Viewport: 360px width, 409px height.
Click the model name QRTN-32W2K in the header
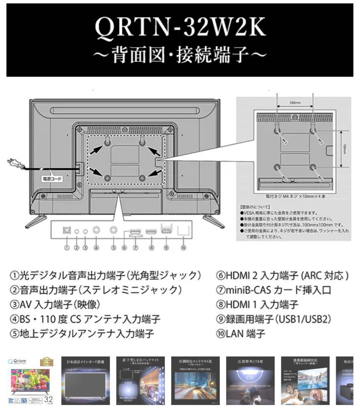click(x=180, y=29)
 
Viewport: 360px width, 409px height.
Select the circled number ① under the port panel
click(x=67, y=248)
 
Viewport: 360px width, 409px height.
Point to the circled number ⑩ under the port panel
click(x=184, y=248)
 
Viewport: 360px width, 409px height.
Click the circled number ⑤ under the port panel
click(x=113, y=248)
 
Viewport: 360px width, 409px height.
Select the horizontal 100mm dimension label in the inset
click(x=295, y=103)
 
